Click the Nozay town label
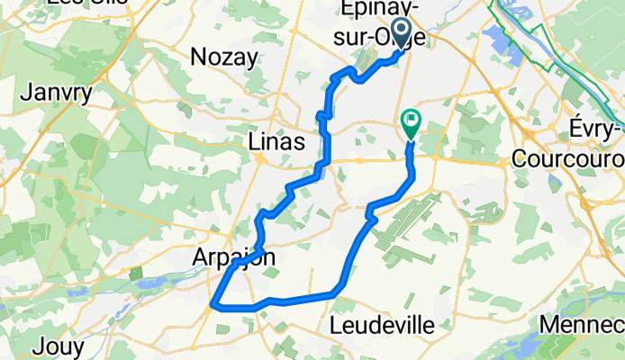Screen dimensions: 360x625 pyautogui.click(x=224, y=57)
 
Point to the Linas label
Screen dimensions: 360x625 pyautogui.click(x=276, y=142)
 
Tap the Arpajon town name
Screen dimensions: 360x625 pyautogui.click(x=232, y=258)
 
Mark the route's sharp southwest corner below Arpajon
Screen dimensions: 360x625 pyautogui.click(x=213, y=305)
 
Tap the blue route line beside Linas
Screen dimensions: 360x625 pyautogui.click(x=325, y=144)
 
